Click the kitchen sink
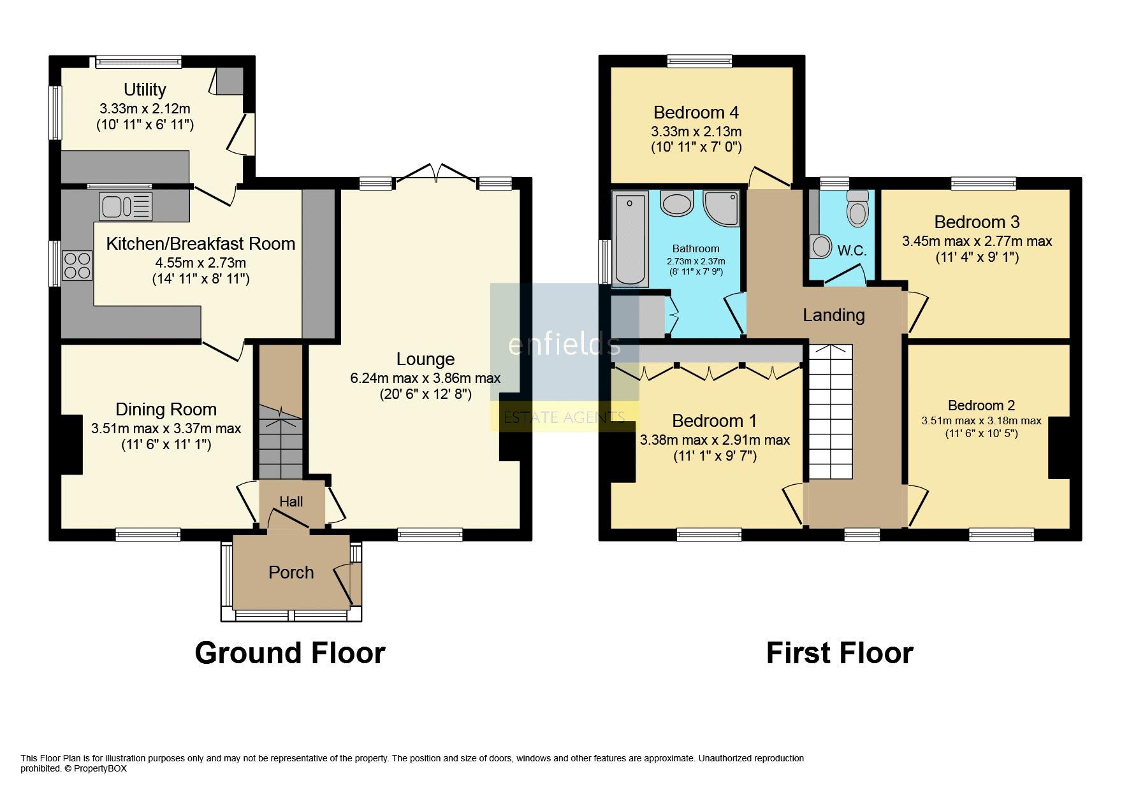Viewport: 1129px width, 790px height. point(126,206)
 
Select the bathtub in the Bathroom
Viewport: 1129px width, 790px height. point(630,239)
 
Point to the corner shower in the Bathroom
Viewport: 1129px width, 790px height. point(721,208)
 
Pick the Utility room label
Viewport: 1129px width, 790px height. point(145,89)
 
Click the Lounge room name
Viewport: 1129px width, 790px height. point(425,359)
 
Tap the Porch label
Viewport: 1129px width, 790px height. point(291,572)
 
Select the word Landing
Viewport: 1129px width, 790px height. point(834,315)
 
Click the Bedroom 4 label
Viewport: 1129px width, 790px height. point(696,113)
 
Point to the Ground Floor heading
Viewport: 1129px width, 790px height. point(290,653)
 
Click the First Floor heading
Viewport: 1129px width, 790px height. point(840,653)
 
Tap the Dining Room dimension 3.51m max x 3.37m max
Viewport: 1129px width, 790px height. point(166,428)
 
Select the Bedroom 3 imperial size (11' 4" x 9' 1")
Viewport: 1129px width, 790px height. point(977,257)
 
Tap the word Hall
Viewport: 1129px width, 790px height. point(291,502)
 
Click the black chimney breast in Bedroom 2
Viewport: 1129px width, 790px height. point(1059,447)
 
